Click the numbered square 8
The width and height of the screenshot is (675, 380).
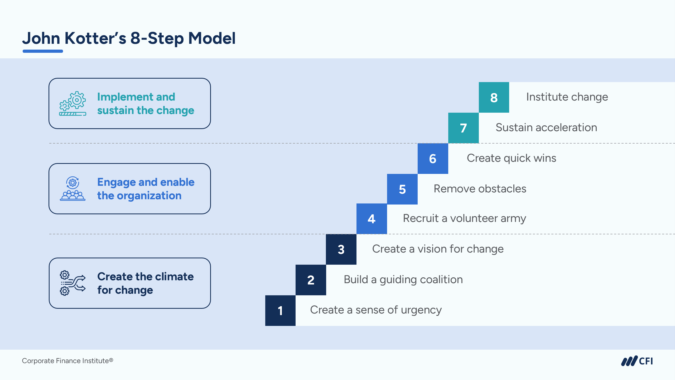pyautogui.click(x=494, y=97)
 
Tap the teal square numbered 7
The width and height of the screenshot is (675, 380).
pyautogui.click(x=463, y=128)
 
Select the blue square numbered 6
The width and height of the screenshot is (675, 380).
pyautogui.click(x=433, y=159)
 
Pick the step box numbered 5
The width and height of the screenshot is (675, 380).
pyautogui.click(x=402, y=189)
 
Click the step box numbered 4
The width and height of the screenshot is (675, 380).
pyautogui.click(x=372, y=219)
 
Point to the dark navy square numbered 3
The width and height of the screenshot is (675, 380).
pyautogui.click(x=341, y=249)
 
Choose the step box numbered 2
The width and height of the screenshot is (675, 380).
pyautogui.click(x=311, y=280)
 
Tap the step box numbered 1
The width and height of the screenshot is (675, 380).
pyautogui.click(x=280, y=311)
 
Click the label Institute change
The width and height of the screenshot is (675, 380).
pyautogui.click(x=567, y=97)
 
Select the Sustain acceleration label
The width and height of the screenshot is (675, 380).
pyautogui.click(x=546, y=128)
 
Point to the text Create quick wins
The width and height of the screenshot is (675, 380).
pyautogui.click(x=511, y=158)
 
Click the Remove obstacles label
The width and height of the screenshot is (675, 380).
pyautogui.click(x=480, y=189)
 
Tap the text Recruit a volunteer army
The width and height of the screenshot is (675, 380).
pyautogui.click(x=464, y=218)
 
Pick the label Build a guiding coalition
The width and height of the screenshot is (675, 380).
pyautogui.click(x=403, y=280)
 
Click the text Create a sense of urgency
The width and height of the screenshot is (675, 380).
pyautogui.click(x=376, y=310)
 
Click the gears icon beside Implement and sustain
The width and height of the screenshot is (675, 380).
pyautogui.click(x=73, y=103)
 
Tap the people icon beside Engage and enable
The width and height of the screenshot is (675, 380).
pyautogui.click(x=73, y=189)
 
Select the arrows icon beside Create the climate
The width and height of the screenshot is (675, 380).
pyautogui.click(x=73, y=283)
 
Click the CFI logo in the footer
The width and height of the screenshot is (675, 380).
pyautogui.click(x=637, y=361)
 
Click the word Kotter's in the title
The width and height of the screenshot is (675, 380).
pyautogui.click(x=95, y=38)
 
